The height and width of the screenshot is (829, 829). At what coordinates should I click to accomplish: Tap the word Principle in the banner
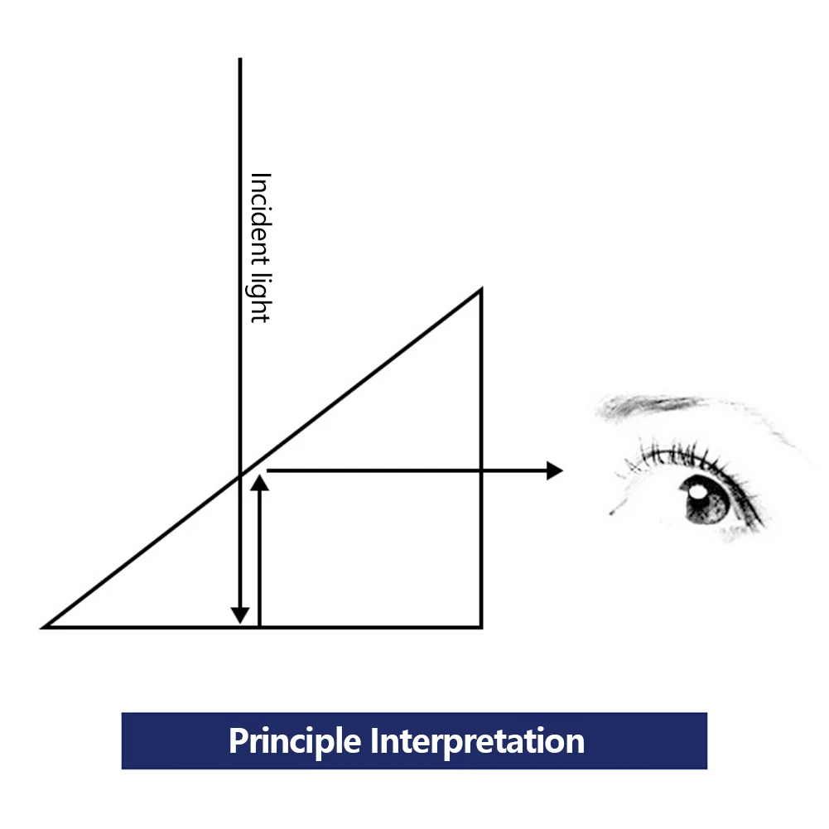(295, 741)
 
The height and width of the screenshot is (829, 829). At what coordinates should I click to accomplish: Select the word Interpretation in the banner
(477, 741)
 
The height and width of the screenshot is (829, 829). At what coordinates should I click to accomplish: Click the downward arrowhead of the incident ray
(240, 615)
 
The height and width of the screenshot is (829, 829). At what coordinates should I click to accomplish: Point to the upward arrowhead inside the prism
(259, 483)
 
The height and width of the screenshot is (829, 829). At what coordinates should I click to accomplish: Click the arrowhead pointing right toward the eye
(555, 470)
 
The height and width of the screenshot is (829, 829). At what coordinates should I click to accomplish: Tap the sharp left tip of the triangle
(42, 628)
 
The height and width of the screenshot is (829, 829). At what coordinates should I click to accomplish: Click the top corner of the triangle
(481, 289)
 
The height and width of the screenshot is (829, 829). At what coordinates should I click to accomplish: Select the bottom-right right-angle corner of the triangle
(481, 628)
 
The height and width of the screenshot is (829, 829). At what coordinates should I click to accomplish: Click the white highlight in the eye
(696, 492)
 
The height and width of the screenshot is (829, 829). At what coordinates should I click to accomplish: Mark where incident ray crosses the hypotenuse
(240, 475)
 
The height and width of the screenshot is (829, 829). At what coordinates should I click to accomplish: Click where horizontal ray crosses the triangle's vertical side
(481, 470)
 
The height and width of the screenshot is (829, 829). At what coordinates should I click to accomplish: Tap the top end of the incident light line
(240, 58)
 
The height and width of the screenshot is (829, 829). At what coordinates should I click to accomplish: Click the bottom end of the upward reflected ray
(259, 626)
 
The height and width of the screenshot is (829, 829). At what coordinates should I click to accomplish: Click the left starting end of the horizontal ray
(267, 470)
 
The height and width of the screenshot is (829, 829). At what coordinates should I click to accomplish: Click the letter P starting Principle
(239, 740)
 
